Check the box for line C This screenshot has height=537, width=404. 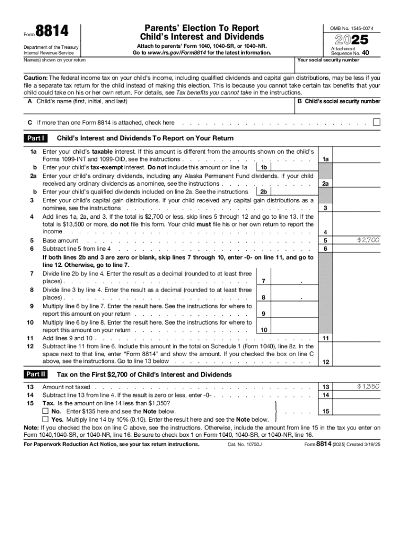click(376, 122)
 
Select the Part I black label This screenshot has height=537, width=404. click(36, 138)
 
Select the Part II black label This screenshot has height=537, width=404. click(36, 374)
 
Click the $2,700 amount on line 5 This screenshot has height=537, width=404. click(368, 240)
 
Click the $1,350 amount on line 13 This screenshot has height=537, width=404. click(368, 386)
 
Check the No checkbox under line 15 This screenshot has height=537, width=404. click(46, 412)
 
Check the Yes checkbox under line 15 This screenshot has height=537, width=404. click(46, 420)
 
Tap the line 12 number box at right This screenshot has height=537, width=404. click(326, 362)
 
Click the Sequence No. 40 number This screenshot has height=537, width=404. click(365, 53)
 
